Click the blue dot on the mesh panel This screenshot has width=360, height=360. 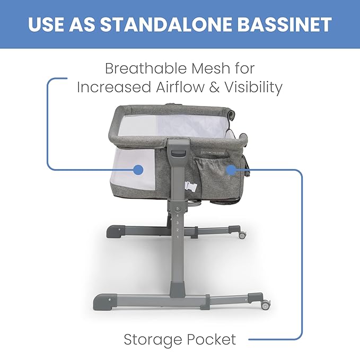(138, 170)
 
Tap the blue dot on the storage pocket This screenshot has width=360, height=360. (231, 170)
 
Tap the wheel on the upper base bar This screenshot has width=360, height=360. (242, 234)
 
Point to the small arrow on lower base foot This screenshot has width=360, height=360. (110, 298)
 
